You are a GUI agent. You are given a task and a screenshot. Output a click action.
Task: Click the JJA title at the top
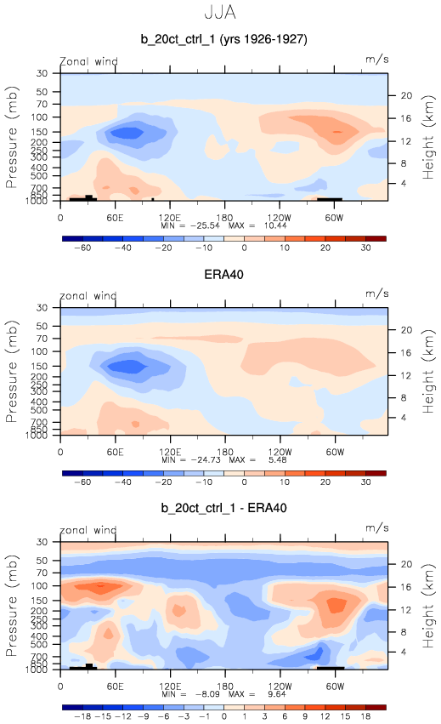(220, 13)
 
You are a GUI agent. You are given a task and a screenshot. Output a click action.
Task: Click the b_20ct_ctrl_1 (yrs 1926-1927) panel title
(223, 39)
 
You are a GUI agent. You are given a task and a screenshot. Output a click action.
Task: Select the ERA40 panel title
(223, 275)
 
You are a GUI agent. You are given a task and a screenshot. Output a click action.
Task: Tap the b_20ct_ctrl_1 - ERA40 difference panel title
(223, 508)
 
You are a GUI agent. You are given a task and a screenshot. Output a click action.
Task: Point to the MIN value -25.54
(206, 225)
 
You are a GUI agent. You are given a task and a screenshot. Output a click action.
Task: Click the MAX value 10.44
(275, 225)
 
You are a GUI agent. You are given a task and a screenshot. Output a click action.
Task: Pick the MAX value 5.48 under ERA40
(278, 460)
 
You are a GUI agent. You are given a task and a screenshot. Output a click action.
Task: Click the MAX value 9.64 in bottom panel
(277, 694)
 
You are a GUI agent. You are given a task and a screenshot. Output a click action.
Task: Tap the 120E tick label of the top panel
(170, 218)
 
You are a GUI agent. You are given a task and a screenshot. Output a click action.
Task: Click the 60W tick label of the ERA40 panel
(335, 452)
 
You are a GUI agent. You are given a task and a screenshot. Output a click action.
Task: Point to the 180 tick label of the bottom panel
(224, 686)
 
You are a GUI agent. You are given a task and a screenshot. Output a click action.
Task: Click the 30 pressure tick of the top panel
(42, 73)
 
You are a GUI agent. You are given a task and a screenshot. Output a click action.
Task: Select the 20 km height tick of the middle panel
(406, 330)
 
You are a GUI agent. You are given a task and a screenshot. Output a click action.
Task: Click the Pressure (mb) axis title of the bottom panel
(12, 606)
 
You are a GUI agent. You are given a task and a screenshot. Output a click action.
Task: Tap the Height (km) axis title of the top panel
(428, 137)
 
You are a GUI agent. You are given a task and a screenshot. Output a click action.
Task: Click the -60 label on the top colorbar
(82, 248)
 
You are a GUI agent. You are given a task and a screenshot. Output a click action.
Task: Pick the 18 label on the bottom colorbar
(366, 716)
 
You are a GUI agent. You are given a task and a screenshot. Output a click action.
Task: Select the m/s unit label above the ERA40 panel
(377, 294)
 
